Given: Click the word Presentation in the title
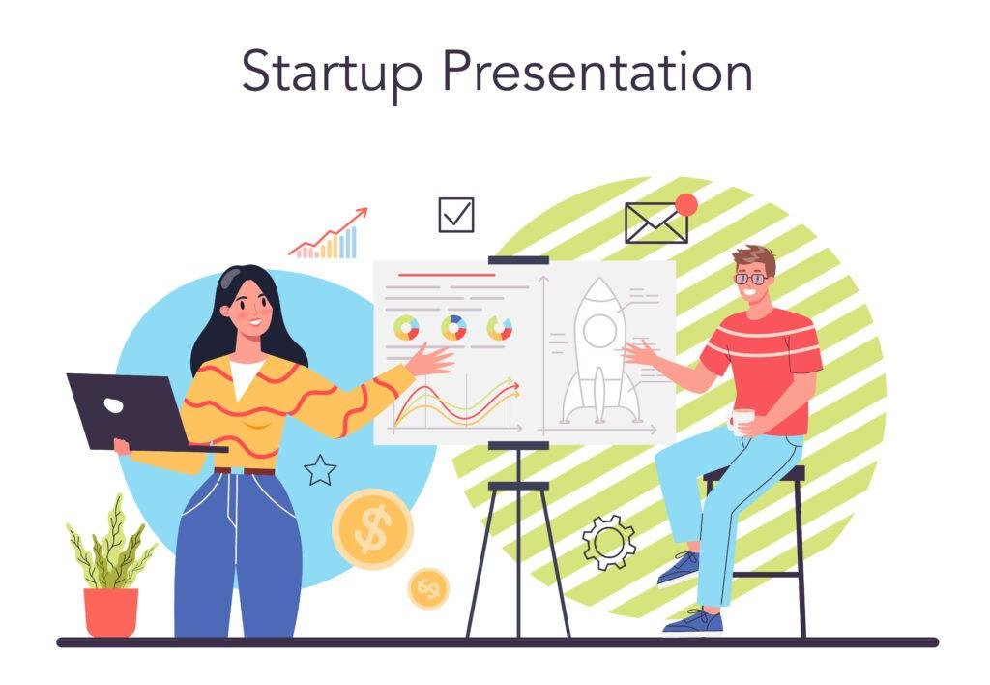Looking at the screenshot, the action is (597, 71).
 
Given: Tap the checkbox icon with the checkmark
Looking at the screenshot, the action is (456, 215).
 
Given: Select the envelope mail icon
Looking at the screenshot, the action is (656, 223).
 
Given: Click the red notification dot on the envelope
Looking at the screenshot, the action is (685, 205).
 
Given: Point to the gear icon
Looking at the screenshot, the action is (609, 542).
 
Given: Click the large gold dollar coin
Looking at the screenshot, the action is (372, 528).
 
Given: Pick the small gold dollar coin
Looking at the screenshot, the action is (428, 588).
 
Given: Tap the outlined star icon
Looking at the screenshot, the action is (320, 471).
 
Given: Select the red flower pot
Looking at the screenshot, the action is (110, 611).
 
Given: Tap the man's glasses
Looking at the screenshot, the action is (751, 278).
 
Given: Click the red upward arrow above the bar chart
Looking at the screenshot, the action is (328, 232).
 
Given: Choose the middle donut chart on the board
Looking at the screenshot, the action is (453, 328).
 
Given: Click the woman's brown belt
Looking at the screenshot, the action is (245, 471).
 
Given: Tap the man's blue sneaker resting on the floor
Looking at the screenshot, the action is (692, 622).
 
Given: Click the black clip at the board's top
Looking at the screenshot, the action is (518, 259).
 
